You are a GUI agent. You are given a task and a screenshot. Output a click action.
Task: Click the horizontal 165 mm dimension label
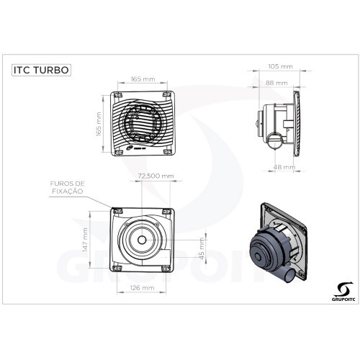[x=143, y=80]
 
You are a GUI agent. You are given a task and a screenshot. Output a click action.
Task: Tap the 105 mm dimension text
[x=284, y=66]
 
